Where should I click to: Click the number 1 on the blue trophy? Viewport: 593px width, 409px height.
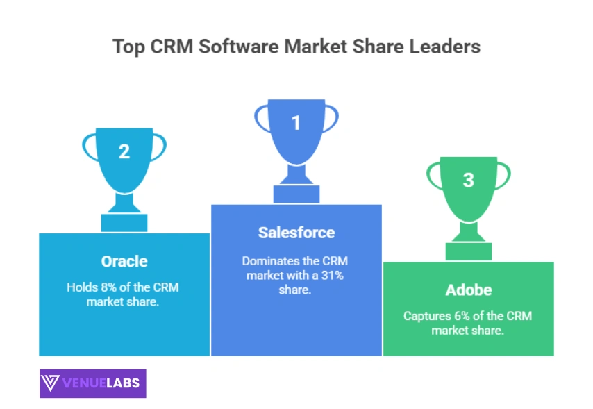[x=296, y=123]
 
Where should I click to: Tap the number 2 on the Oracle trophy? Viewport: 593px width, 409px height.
[x=124, y=151]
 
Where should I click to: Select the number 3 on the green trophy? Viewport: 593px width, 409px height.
[x=469, y=180]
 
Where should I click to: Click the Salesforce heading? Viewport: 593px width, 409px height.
[x=296, y=233]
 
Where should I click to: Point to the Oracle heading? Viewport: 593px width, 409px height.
[x=124, y=261]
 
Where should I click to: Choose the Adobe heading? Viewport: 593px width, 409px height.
[x=468, y=290]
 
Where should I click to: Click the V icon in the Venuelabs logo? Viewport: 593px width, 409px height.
[x=51, y=383]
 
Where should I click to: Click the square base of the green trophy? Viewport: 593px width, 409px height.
[x=469, y=251]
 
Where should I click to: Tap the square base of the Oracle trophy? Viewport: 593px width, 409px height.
[x=124, y=222]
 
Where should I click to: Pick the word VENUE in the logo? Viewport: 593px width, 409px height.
[x=83, y=383]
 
